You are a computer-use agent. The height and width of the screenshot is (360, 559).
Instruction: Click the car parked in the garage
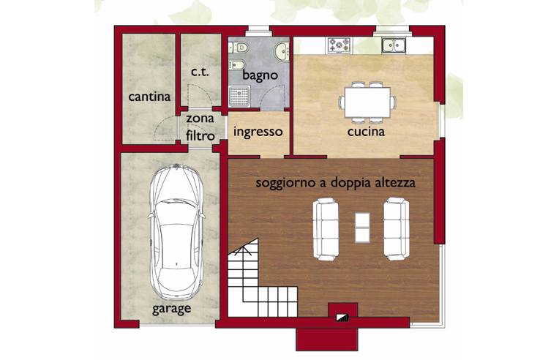point(177,232)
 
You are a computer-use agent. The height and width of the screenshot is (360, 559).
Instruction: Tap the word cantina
point(149,97)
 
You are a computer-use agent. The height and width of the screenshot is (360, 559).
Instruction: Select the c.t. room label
point(200,72)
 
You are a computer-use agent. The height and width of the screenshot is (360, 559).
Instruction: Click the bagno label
point(260,75)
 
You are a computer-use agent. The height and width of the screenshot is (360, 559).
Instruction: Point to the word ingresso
point(258,132)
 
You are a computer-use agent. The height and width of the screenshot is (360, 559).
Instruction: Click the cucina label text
point(366,132)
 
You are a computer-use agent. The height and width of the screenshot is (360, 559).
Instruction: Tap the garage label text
point(171,309)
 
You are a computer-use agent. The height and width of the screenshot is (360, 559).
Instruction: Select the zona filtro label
point(200,127)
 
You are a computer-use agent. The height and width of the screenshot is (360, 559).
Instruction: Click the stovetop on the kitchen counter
point(339,45)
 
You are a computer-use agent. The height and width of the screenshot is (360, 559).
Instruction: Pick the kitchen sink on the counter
point(394,45)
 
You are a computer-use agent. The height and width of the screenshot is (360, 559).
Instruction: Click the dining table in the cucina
point(367,102)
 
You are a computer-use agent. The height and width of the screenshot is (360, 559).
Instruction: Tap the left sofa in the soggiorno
point(326,229)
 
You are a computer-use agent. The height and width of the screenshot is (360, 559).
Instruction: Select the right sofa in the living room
point(396,228)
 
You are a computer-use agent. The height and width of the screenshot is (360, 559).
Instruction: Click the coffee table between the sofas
point(362,228)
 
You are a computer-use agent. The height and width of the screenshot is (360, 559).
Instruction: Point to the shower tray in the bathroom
point(239,96)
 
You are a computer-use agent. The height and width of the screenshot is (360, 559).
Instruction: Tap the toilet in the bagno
point(238,47)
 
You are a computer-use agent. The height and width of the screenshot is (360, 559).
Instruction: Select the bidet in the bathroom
point(237,64)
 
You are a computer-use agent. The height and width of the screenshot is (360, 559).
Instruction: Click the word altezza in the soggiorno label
point(395,183)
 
